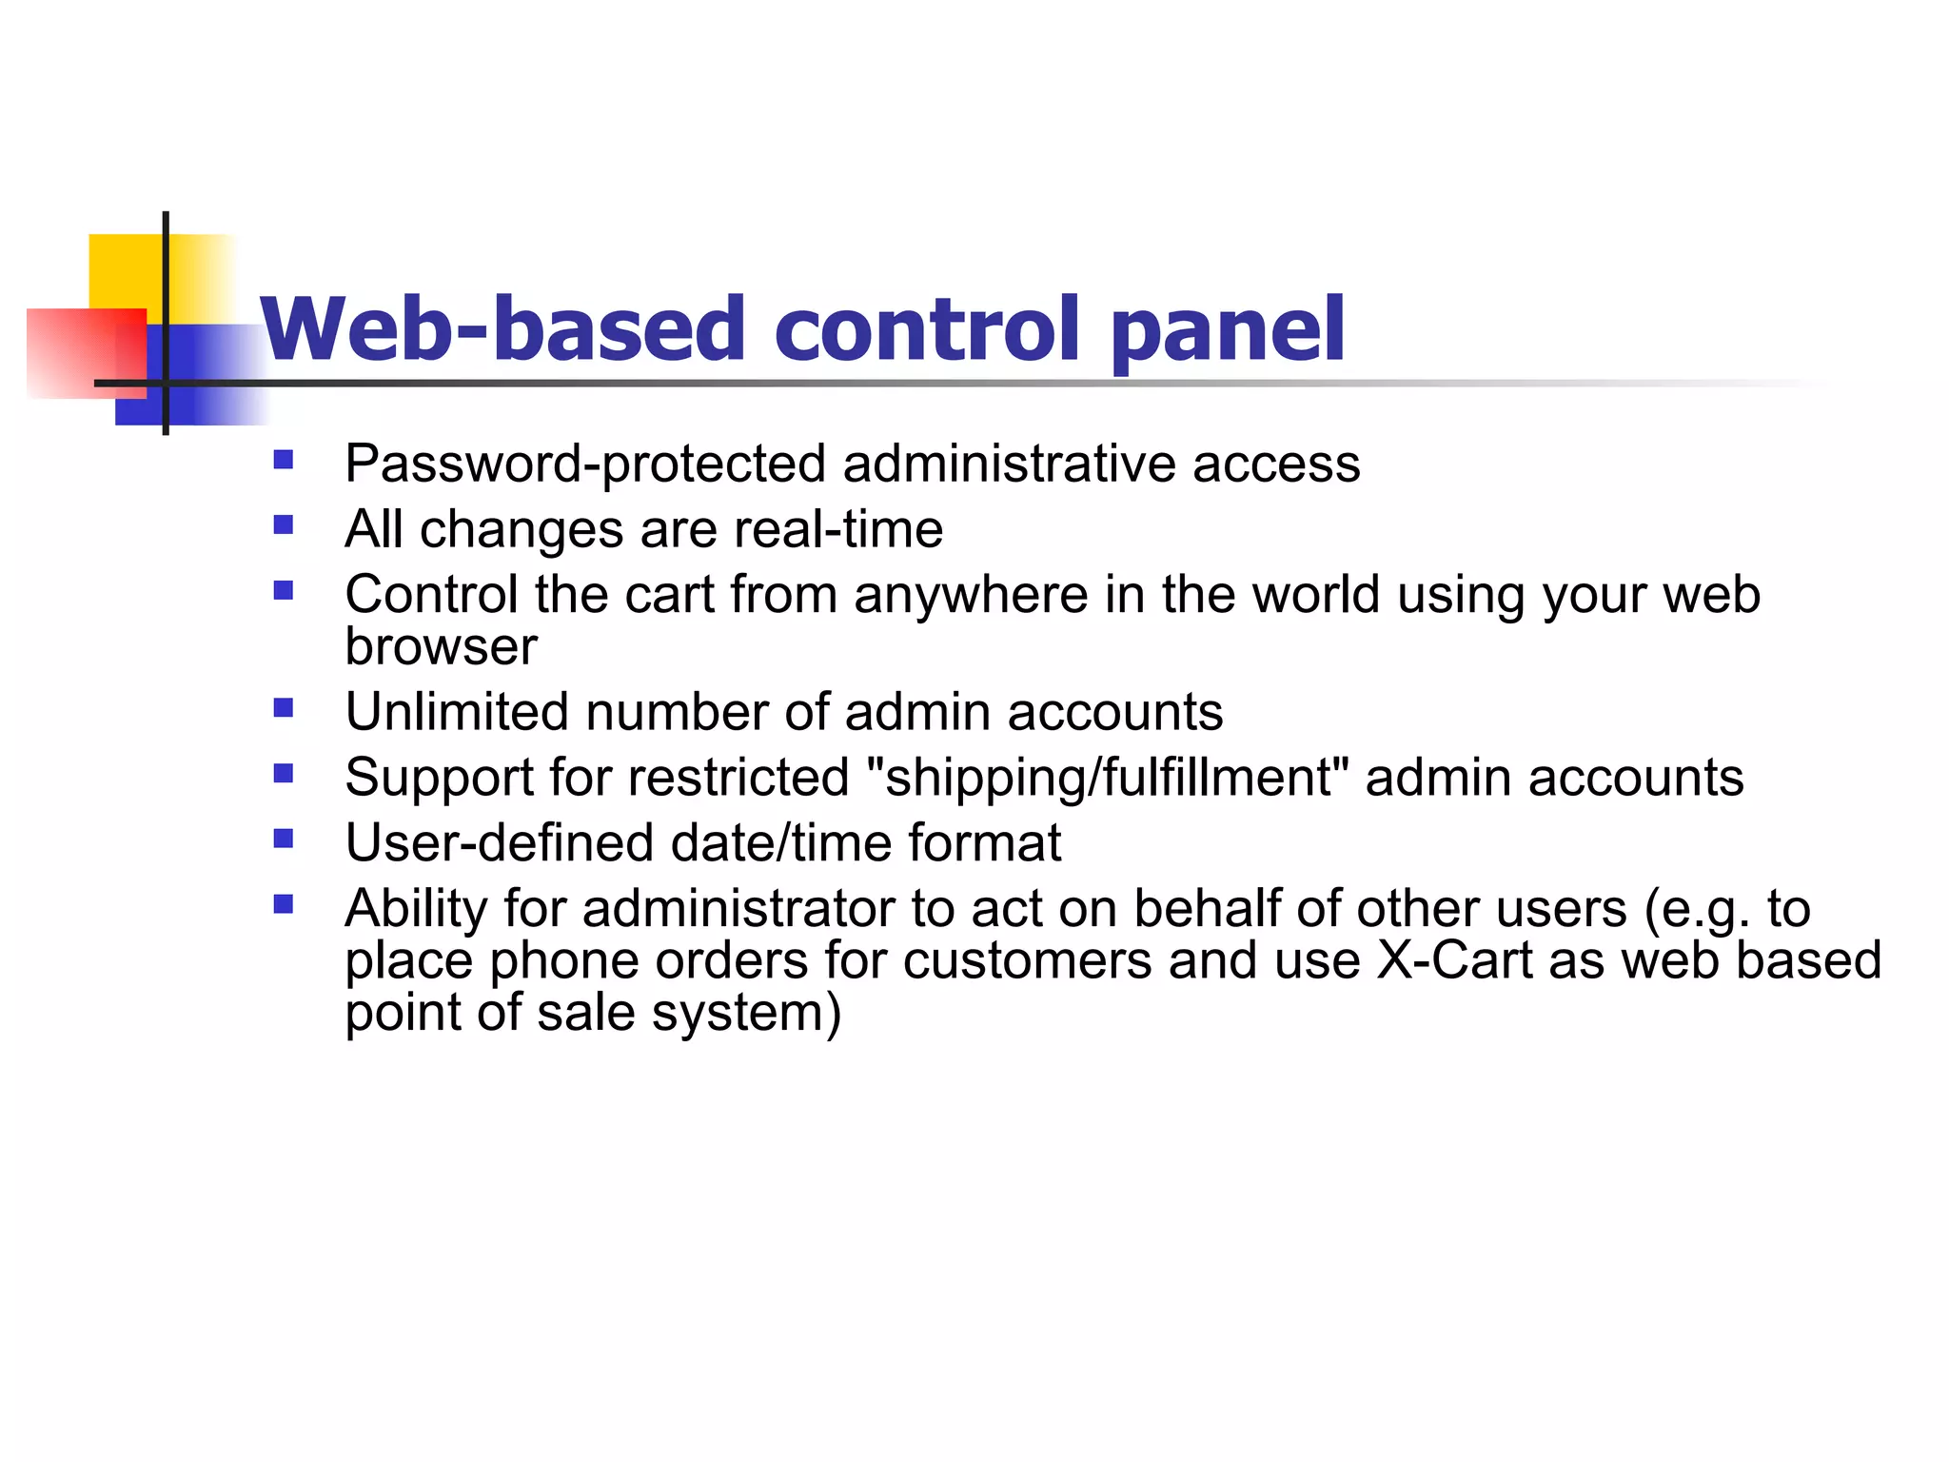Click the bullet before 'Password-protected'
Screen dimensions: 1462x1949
(283, 461)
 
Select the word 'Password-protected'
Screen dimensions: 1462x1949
(586, 464)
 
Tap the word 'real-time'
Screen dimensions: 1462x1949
(837, 529)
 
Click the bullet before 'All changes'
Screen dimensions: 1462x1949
(283, 525)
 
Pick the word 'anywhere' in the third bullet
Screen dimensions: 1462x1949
(970, 596)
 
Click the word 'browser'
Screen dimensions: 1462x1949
(441, 647)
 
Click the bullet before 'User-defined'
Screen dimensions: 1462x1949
(283, 839)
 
